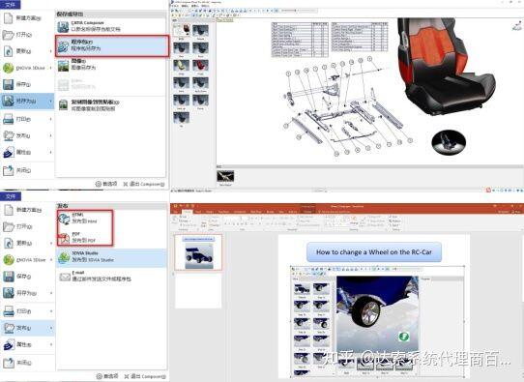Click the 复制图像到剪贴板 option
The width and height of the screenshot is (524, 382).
pyautogui.click(x=106, y=103)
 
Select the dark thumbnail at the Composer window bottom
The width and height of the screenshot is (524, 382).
pyautogui.click(x=224, y=177)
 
